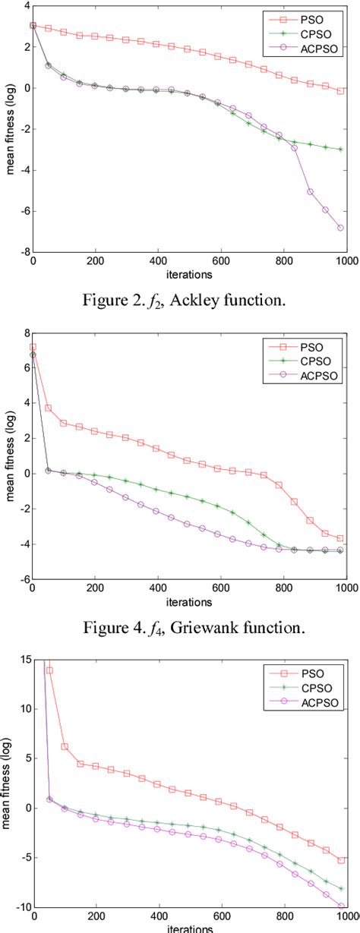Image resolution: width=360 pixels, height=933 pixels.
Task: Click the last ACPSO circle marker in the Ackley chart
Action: [x=341, y=228]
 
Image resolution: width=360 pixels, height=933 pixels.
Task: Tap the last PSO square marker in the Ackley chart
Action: [x=341, y=90]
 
